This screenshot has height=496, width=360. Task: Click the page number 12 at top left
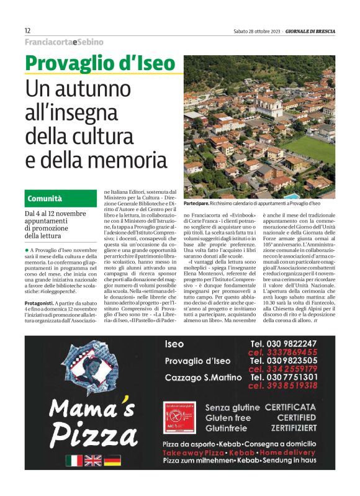point(28,30)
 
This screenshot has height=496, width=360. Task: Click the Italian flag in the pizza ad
point(74,460)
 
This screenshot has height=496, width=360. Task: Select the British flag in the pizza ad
point(93,460)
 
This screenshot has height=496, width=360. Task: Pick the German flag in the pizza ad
point(112,460)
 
